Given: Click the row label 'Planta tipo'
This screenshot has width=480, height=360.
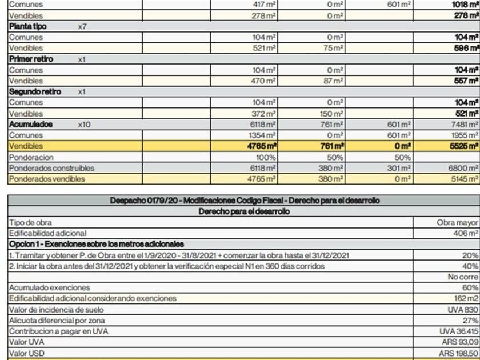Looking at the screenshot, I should (27, 27).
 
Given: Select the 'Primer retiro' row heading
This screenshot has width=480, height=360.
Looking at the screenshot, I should (31, 59).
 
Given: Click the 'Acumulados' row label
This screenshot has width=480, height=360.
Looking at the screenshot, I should (31, 125).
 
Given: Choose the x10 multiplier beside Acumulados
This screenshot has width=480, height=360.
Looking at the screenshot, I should (84, 125).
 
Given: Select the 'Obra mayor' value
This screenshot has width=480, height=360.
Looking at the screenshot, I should (458, 222).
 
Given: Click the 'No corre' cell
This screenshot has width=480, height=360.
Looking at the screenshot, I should (463, 277).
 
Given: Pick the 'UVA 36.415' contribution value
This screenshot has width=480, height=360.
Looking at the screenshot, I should (458, 331).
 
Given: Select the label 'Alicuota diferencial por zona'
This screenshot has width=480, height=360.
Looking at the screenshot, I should (57, 320).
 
